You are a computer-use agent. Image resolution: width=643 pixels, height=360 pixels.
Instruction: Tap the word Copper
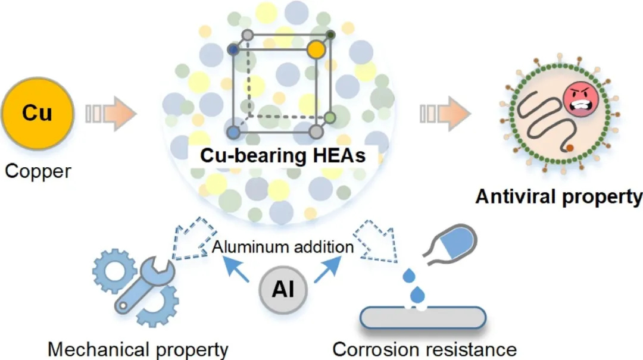pyautogui.click(x=38, y=172)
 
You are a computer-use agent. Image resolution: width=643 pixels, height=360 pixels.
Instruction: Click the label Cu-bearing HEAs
pyautogui.click(x=282, y=156)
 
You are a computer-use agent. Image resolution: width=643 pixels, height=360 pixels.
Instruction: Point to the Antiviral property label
pyautogui.click(x=558, y=197)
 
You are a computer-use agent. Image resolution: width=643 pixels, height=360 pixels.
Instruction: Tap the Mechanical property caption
pyautogui.click(x=138, y=349)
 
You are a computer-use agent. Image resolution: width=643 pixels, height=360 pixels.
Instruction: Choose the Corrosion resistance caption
pyautogui.click(x=424, y=349)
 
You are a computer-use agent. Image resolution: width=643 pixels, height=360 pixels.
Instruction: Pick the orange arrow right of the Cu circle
pyautogui.click(x=112, y=113)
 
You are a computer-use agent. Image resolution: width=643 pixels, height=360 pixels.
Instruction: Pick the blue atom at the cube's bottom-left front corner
pyautogui.click(x=235, y=130)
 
